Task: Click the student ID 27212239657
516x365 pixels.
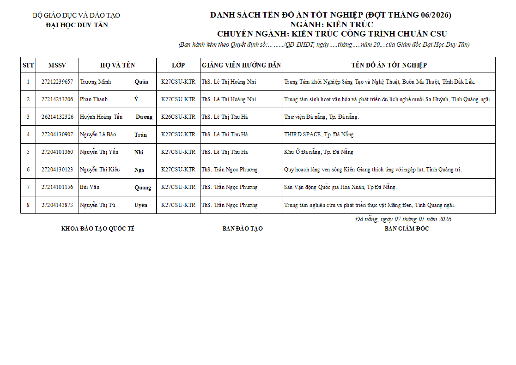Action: click(x=57, y=82)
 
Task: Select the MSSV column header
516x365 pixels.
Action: click(x=57, y=65)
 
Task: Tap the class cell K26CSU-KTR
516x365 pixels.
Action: click(x=178, y=117)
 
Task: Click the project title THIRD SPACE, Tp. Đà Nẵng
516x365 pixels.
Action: click(x=319, y=134)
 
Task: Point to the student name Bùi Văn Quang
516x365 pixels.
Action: click(x=115, y=187)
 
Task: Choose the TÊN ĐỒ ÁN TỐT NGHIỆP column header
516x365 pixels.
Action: click(x=389, y=65)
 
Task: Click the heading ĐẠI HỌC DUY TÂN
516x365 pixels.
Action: click(x=77, y=25)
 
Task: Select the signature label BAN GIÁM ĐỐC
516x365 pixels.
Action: click(x=407, y=229)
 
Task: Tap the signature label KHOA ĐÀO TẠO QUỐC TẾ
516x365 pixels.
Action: click(x=98, y=229)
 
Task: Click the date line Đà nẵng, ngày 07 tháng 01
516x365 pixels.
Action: click(x=403, y=219)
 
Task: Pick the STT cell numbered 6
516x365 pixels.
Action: click(x=28, y=170)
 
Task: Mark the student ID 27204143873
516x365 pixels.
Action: click(x=57, y=205)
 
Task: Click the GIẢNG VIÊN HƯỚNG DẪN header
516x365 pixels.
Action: click(x=242, y=65)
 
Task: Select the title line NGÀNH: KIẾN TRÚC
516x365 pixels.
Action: click(x=332, y=24)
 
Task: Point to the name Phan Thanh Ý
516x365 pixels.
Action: click(x=109, y=99)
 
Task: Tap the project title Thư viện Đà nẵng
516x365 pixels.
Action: click(x=321, y=117)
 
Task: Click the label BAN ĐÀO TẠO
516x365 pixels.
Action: click(x=243, y=229)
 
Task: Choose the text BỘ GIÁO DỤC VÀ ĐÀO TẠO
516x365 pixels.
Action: click(x=76, y=15)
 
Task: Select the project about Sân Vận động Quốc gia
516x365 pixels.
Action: click(x=340, y=187)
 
